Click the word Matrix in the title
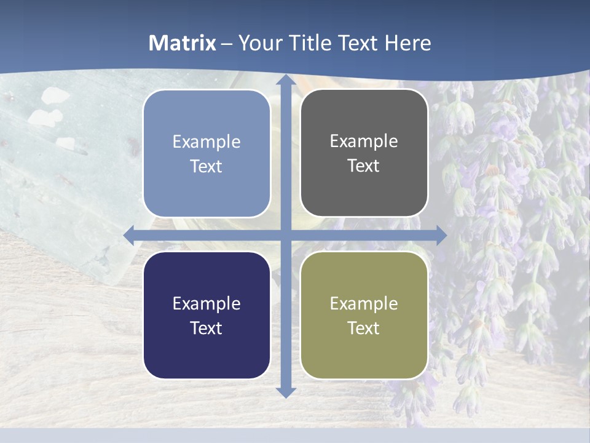click(182, 43)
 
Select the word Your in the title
click(258, 43)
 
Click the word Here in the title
click(407, 43)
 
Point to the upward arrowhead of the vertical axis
click(286, 80)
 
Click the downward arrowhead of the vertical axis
click(286, 391)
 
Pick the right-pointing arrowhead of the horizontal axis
click(441, 235)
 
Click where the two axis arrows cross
click(286, 235)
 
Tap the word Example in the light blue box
click(206, 142)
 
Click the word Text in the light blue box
click(206, 167)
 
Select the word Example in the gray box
click(364, 142)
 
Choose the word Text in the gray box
click(364, 166)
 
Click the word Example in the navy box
click(206, 304)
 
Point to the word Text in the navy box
click(206, 329)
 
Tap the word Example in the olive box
click(364, 304)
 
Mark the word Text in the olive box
click(364, 329)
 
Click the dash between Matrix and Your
click(227, 44)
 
